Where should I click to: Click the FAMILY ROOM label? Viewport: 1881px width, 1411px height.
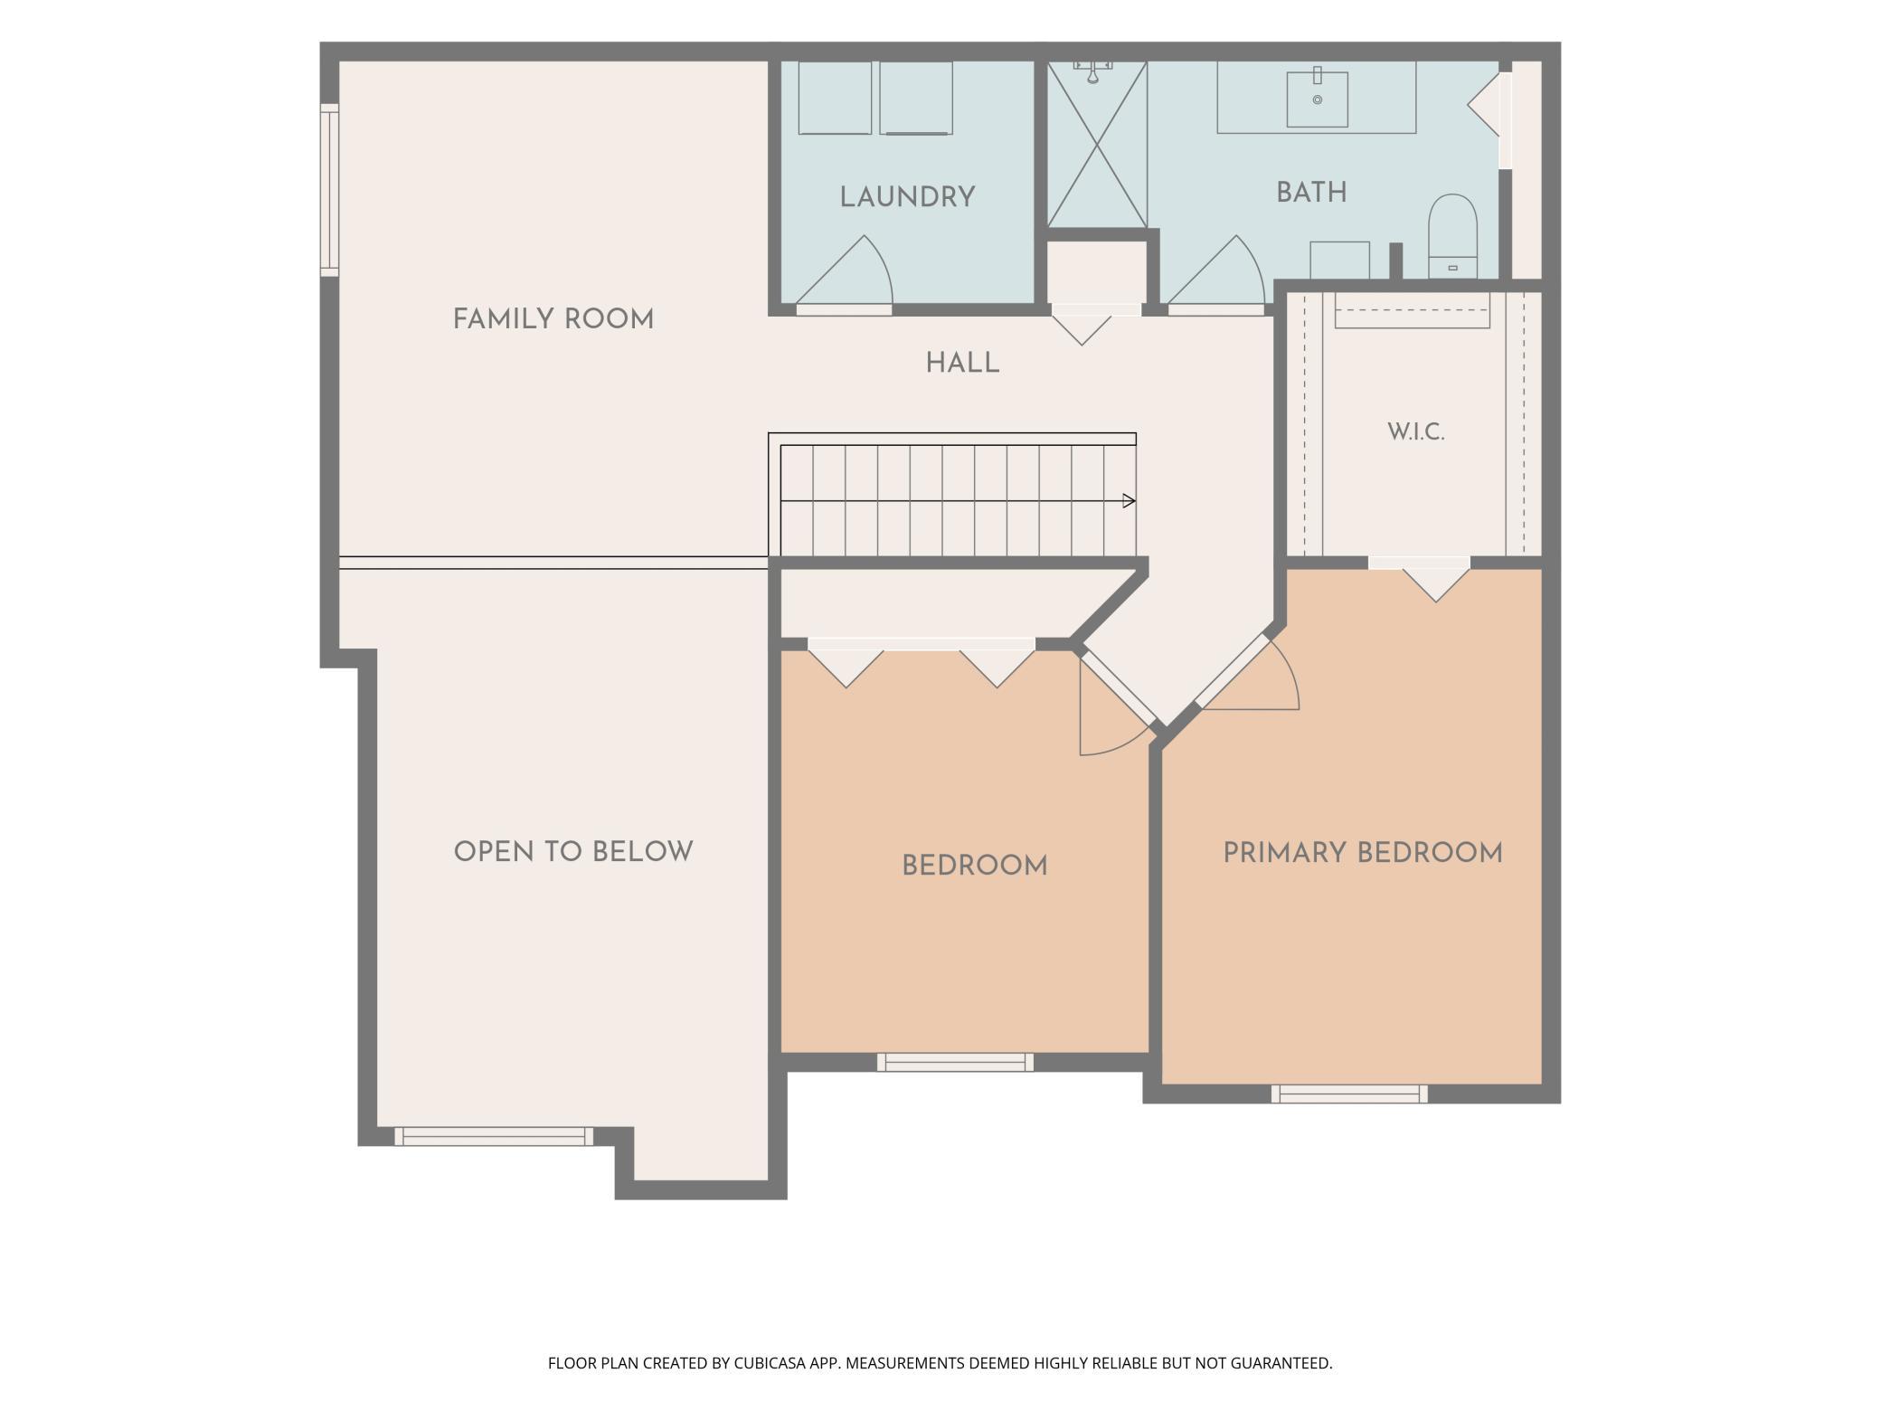(553, 319)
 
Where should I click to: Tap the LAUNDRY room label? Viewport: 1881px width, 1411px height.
(907, 197)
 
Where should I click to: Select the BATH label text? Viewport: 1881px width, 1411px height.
(1311, 193)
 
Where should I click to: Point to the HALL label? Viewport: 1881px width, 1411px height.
(962, 364)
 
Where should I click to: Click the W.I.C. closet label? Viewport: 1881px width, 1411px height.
(1416, 432)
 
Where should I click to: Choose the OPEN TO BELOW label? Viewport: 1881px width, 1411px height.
(573, 852)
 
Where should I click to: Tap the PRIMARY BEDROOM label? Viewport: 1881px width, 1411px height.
(1363, 853)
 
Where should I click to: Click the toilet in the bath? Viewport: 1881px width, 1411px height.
(1452, 236)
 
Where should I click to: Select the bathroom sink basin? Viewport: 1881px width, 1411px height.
(1318, 99)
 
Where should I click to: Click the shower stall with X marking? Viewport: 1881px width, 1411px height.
(1097, 145)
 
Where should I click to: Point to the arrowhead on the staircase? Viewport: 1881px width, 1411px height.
(1129, 500)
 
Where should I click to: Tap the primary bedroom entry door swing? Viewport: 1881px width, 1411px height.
(1252, 674)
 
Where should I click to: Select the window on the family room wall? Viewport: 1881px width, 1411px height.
(329, 190)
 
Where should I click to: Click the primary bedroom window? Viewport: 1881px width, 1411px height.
(1349, 1094)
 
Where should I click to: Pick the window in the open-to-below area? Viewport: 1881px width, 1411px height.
(494, 1136)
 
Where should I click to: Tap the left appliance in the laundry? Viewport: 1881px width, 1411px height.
(835, 98)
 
